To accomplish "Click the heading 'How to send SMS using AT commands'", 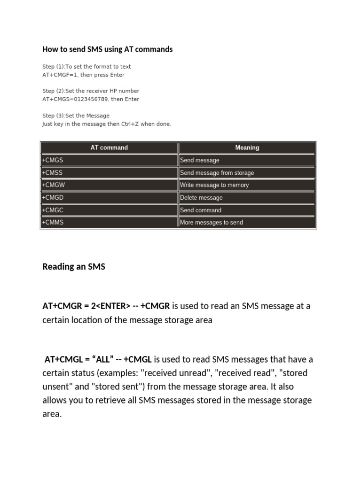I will click(x=107, y=49).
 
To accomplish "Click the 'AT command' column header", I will click(x=109, y=147).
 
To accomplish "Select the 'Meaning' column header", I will click(x=247, y=147).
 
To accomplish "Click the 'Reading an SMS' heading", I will click(x=74, y=267).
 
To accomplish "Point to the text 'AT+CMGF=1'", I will click(x=60, y=75).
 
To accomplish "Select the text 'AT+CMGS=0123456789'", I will click(x=75, y=100).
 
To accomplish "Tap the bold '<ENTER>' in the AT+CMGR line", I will click(x=112, y=306).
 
